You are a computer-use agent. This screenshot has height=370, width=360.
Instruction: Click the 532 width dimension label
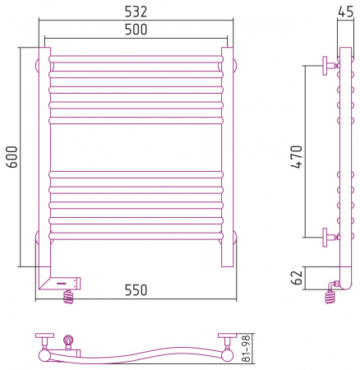click(136, 12)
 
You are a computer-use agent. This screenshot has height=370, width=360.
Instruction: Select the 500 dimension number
click(136, 30)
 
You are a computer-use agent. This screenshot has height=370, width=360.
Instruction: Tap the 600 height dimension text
click(12, 157)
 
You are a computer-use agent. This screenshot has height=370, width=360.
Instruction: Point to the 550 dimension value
click(136, 290)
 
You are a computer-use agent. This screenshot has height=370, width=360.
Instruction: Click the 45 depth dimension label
click(345, 12)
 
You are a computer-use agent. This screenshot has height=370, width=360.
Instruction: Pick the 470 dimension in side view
click(297, 157)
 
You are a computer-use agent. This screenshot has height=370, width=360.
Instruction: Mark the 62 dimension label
click(297, 277)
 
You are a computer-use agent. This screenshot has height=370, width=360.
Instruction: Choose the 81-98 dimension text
click(247, 349)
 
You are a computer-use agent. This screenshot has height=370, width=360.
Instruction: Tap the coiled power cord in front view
click(68, 297)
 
